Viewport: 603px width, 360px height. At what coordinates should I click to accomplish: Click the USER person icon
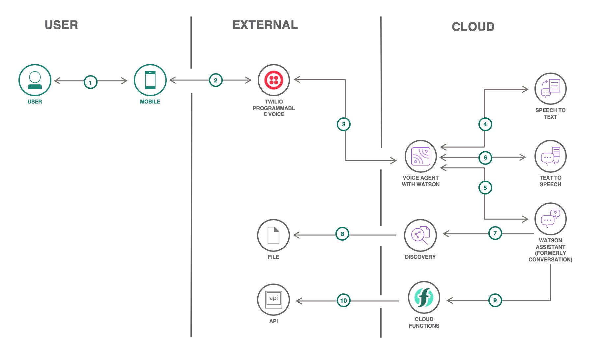(35, 80)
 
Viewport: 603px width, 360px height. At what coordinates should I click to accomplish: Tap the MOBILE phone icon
(150, 80)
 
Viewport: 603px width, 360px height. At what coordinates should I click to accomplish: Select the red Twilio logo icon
(273, 80)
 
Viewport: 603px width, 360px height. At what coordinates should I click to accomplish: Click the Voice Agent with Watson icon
(420, 156)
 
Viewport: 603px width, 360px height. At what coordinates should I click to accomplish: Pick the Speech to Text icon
(550, 89)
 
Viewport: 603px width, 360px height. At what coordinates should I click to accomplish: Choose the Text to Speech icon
(550, 156)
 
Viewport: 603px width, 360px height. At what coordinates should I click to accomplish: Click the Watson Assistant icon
(550, 219)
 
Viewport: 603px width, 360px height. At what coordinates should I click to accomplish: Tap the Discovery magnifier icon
(420, 235)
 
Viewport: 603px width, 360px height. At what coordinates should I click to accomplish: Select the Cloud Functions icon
(424, 297)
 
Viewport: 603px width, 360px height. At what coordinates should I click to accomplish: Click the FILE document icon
(273, 235)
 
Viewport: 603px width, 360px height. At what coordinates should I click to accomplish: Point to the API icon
(273, 300)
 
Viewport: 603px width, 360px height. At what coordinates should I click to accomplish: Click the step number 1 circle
(90, 82)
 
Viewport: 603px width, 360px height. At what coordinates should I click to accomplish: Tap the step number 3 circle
(343, 124)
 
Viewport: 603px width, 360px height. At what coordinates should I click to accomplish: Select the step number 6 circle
(485, 158)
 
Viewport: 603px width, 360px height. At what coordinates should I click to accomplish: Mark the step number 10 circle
(343, 300)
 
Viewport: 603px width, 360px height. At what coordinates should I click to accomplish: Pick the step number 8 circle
(342, 234)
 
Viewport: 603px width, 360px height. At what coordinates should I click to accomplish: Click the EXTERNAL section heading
(265, 25)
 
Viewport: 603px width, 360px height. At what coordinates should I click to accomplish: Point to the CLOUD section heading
(473, 27)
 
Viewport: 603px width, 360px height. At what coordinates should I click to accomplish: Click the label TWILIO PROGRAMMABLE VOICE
(273, 108)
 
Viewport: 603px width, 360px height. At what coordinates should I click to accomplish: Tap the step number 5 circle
(485, 188)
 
